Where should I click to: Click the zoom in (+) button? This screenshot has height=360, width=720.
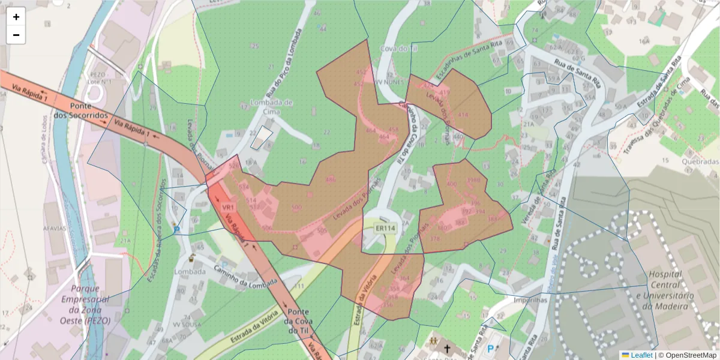click(16, 17)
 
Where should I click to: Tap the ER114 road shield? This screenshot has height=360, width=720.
click(385, 228)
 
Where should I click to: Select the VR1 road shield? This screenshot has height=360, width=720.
click(227, 207)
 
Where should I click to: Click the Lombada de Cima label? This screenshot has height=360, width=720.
click(271, 106)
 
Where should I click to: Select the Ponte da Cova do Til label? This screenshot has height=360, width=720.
click(299, 321)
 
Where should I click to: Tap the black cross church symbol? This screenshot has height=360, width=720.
click(446, 347)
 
